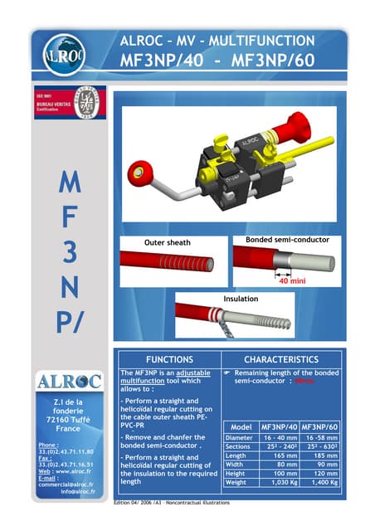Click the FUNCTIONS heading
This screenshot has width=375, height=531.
pos(169,360)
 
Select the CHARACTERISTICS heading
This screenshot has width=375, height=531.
pos(282,360)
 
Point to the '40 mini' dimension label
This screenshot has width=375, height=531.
pos(293,280)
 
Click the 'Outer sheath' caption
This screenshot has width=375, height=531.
pos(168,242)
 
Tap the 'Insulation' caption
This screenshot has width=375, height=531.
pos(241,298)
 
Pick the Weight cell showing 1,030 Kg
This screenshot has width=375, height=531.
pos(280,481)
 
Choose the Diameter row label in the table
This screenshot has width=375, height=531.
pos(239,436)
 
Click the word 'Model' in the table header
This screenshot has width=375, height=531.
pos(241,426)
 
